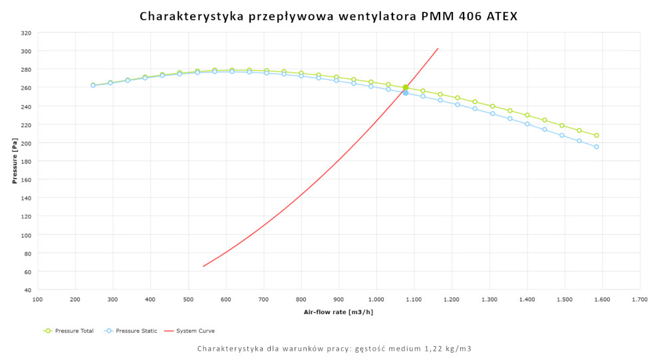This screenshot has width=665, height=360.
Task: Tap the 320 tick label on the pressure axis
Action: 25,33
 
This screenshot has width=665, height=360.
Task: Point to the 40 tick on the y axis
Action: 27,290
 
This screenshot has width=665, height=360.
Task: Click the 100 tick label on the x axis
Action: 37,299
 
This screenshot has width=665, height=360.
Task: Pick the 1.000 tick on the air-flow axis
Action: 376,299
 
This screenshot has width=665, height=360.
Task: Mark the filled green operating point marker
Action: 406,87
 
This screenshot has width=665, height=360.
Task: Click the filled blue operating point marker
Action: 406,92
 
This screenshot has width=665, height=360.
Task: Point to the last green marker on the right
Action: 597,135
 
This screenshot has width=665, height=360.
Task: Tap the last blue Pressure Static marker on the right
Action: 597,146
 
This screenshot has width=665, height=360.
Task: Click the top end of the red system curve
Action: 438,48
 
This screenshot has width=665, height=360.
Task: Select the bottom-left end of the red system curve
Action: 203,266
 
